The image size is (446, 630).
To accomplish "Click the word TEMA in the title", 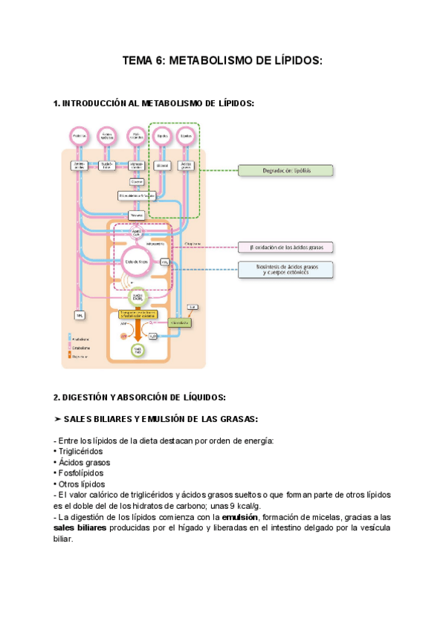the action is tap(139, 63).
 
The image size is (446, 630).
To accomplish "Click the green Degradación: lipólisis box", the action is tap(285, 170).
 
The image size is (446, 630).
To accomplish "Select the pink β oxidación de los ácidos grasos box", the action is tap(285, 247).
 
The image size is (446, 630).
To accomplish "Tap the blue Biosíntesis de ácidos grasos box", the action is tap(285, 269).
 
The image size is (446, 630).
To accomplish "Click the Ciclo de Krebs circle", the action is tap(136, 262).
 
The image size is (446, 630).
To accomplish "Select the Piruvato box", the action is tap(136, 215).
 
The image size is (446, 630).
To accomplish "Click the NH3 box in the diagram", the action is tap(80, 316).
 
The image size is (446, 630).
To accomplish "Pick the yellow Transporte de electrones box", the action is tap(137, 314).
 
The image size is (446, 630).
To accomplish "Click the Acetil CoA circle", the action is tap(136, 232).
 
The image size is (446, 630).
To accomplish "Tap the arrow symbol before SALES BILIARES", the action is tap(58, 419).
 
